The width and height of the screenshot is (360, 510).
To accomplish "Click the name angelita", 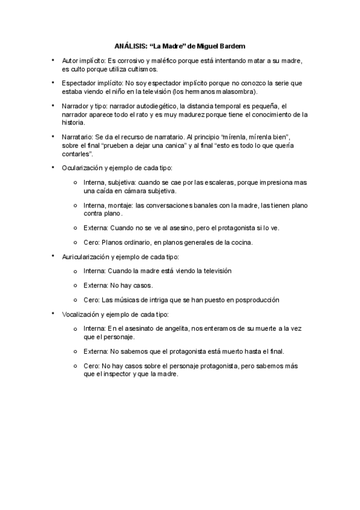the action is [x=178, y=328].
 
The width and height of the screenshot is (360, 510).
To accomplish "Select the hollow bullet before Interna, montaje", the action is [x=75, y=205].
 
